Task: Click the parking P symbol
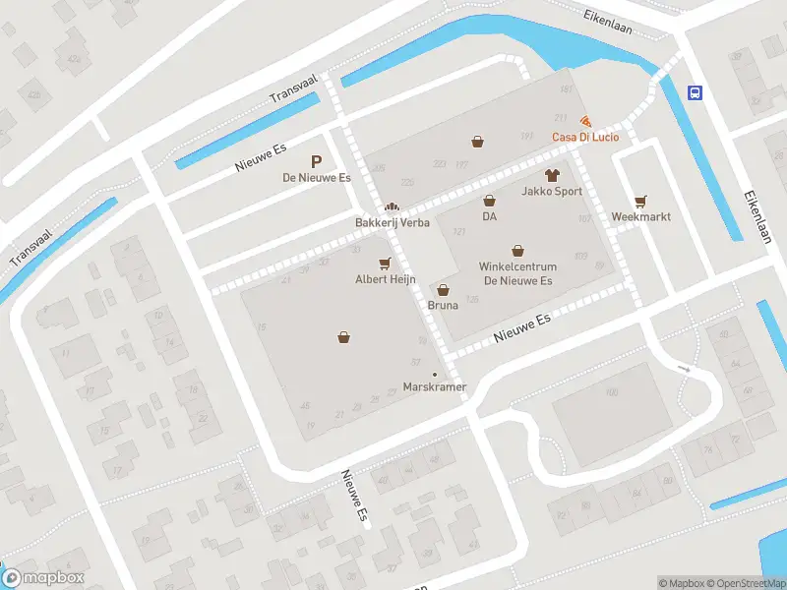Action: [x=317, y=161]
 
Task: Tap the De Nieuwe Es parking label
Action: [x=317, y=178]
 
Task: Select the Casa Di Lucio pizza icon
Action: [x=586, y=121]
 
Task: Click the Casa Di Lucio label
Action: [x=585, y=137]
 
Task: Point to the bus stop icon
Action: [x=696, y=93]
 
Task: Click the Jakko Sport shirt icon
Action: [x=552, y=175]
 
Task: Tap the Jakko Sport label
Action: [x=552, y=192]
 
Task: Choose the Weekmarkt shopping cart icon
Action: [x=641, y=200]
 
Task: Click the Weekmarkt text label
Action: [x=641, y=216]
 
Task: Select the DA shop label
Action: [x=489, y=216]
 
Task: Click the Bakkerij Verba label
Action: [x=393, y=223]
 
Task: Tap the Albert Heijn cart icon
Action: [x=385, y=263]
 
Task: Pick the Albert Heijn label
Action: [x=386, y=279]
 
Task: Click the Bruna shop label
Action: [x=443, y=306]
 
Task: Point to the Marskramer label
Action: [x=435, y=386]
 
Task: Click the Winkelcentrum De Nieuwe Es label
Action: [x=517, y=274]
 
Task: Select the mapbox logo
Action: [x=43, y=578]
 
